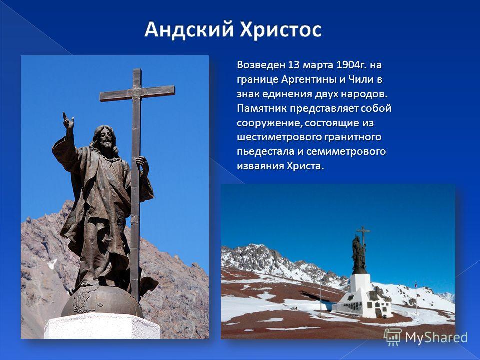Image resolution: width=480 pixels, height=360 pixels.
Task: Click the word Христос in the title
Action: [280, 30]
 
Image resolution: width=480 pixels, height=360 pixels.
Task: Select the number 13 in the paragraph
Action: [293, 65]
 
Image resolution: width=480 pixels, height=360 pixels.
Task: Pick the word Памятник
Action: [262, 108]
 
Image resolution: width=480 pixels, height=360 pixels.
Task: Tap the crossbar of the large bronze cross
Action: [137, 93]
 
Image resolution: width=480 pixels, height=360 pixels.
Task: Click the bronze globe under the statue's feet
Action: [102, 301]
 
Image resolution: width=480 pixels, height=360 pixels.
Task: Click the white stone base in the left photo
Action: [102, 326]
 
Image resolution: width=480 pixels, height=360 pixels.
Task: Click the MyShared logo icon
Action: [393, 337]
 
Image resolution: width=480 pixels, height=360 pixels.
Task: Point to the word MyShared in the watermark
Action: [436, 337]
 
